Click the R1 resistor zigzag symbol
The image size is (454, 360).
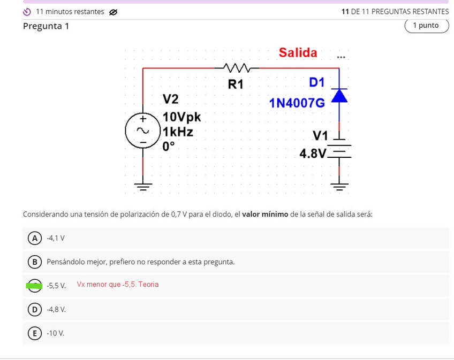point(236,68)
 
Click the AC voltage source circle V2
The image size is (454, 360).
point(142,131)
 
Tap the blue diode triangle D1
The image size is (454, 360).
point(339,96)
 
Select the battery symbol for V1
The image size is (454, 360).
point(339,150)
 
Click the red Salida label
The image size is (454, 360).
point(298,52)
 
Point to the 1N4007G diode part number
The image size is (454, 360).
point(297,103)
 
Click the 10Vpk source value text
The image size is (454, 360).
point(181,117)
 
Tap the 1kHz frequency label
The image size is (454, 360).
point(178,132)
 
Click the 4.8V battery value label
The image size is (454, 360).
point(313,154)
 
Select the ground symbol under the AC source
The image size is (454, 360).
point(143,186)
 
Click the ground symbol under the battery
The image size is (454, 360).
point(339,186)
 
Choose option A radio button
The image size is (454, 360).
point(35,238)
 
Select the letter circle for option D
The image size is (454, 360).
point(35,309)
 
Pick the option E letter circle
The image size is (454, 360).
point(35,333)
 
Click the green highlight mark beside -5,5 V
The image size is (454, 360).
point(34,286)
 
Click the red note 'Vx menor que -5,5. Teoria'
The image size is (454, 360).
point(117,285)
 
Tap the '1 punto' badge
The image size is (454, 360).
point(426,26)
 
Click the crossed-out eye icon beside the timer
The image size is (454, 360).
point(113,12)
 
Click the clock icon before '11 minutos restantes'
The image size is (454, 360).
point(27,12)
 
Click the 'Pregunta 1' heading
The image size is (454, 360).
point(46,26)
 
